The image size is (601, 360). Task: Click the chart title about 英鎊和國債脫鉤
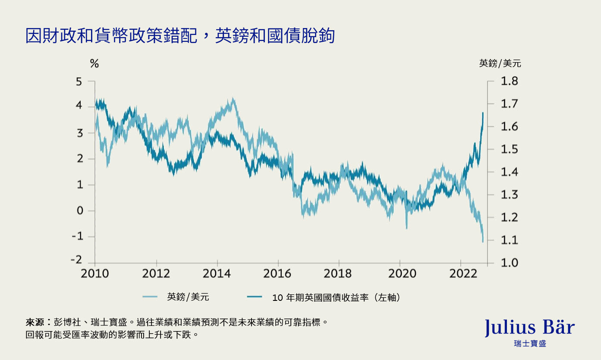point(180,36)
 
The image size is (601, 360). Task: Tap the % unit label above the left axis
point(94,64)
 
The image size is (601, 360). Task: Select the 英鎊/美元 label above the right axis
point(500,63)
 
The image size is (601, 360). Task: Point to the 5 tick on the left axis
point(79,82)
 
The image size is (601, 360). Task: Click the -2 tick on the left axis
point(76,260)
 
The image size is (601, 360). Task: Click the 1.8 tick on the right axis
point(509,82)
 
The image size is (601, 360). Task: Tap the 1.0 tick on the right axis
point(509,263)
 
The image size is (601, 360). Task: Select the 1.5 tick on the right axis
point(509,150)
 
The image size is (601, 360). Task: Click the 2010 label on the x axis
point(94,274)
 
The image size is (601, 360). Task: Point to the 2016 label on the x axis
point(278,274)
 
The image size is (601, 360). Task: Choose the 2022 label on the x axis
point(461,274)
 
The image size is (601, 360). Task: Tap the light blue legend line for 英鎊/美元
point(150,297)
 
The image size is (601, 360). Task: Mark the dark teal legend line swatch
point(255,297)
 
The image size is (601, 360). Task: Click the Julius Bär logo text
point(530,328)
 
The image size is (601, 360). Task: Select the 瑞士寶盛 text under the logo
point(530,344)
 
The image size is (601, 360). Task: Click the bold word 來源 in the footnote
point(35,322)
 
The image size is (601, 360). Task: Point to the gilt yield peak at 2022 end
point(482,113)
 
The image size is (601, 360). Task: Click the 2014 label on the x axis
point(217,274)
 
